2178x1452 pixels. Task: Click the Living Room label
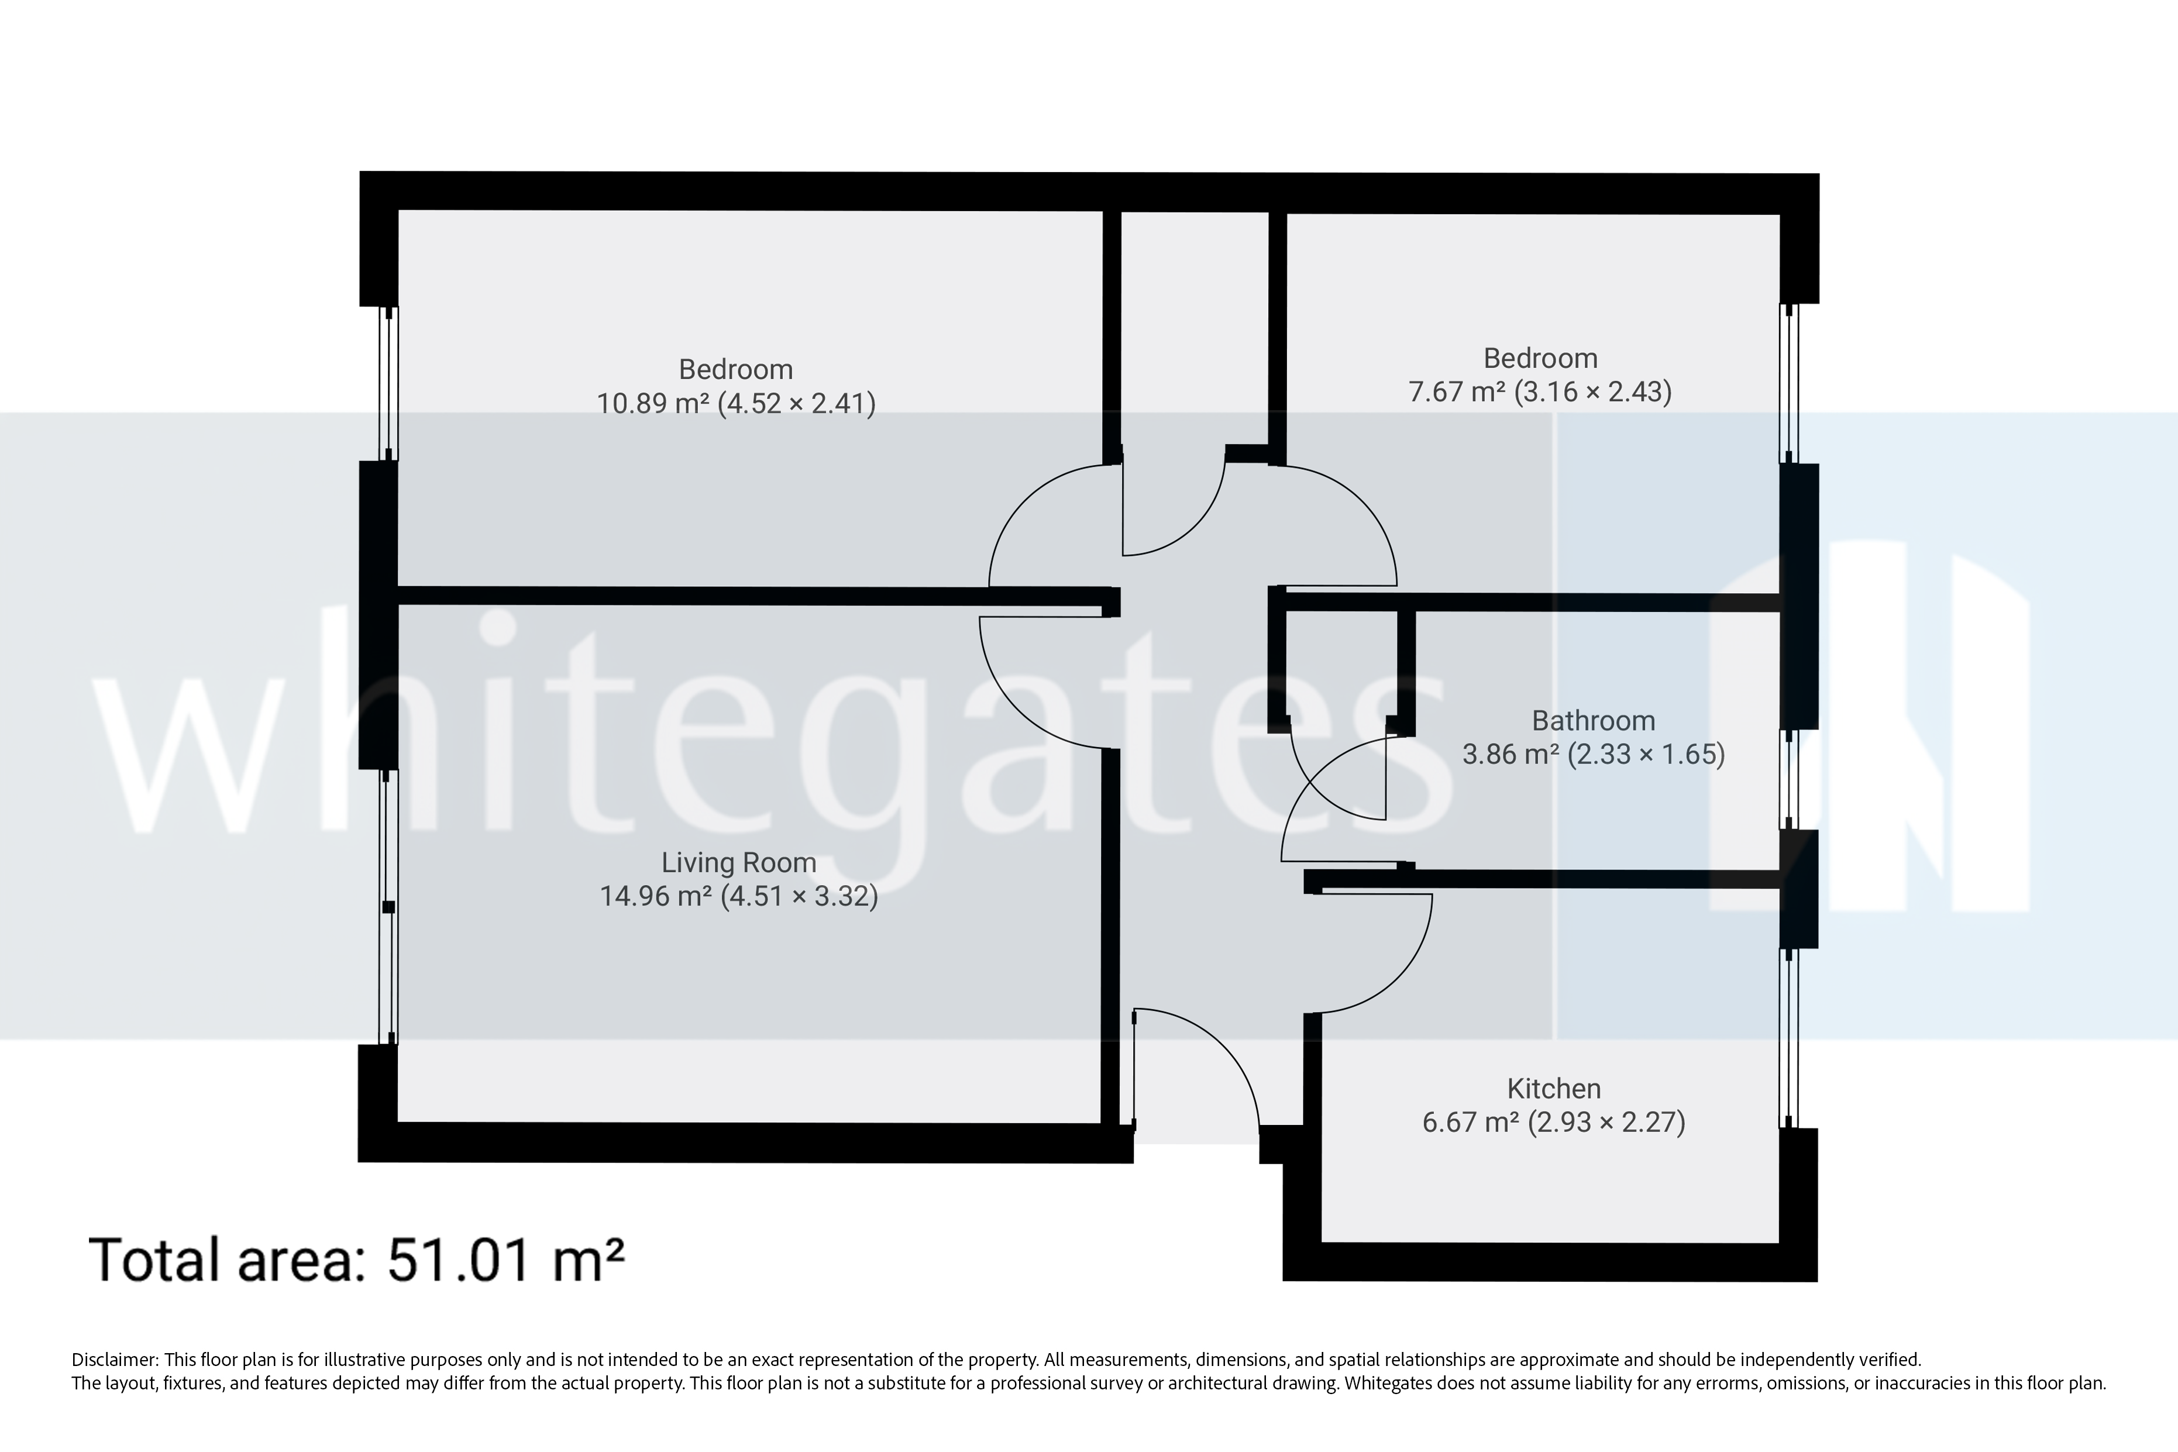pyautogui.click(x=738, y=862)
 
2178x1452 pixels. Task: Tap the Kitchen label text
pyautogui.click(x=1553, y=1088)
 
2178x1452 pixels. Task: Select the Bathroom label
pyautogui.click(x=1593, y=721)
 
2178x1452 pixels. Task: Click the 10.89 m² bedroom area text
pyautogui.click(x=735, y=404)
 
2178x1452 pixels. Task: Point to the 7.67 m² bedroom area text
pyautogui.click(x=1539, y=392)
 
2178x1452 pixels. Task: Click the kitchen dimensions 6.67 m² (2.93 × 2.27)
pyautogui.click(x=1553, y=1122)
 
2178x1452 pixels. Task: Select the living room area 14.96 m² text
pyautogui.click(x=738, y=896)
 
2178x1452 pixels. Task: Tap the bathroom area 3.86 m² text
pyautogui.click(x=1593, y=755)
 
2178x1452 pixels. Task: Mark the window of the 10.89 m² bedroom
pyautogui.click(x=389, y=384)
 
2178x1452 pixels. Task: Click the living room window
pyautogui.click(x=389, y=907)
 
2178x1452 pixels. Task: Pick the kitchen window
pyautogui.click(x=1789, y=1037)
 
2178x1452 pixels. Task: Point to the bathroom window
pyautogui.click(x=1789, y=779)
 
